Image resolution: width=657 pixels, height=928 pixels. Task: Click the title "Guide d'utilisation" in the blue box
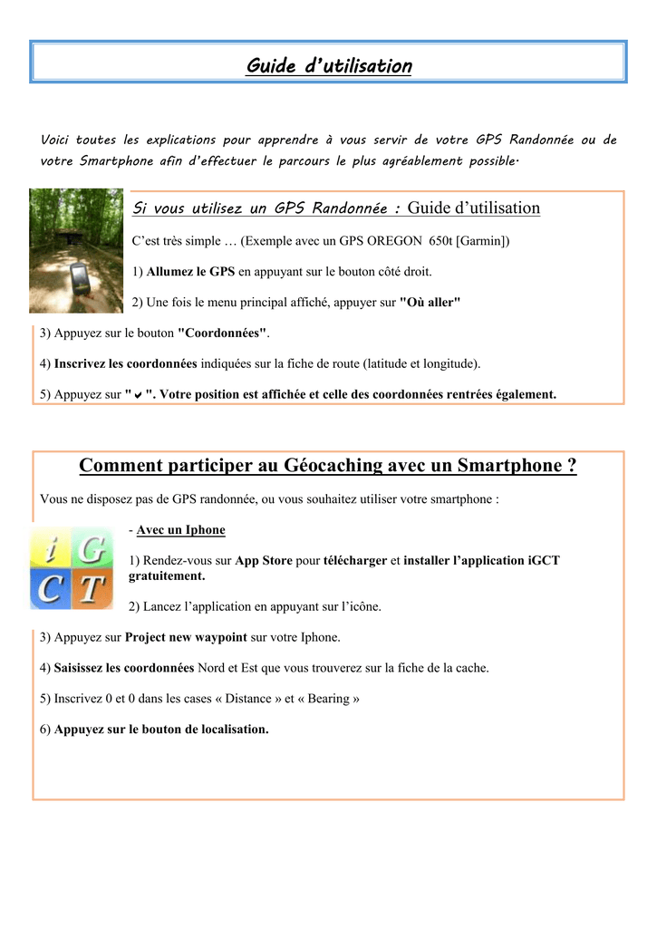pyautogui.click(x=328, y=66)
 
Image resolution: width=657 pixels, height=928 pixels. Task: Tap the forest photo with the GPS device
pyautogui.click(x=76, y=250)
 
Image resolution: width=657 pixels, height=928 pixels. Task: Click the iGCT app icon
pyautogui.click(x=72, y=566)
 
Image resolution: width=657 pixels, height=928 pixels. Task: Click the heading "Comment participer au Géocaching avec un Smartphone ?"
pyautogui.click(x=328, y=466)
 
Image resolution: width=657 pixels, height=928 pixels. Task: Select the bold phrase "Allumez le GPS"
pyautogui.click(x=190, y=271)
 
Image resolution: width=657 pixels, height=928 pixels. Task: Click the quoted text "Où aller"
pyautogui.click(x=430, y=302)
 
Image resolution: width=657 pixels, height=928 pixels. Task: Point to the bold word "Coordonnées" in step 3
pyautogui.click(x=222, y=333)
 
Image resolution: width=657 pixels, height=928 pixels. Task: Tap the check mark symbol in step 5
pyautogui.click(x=137, y=394)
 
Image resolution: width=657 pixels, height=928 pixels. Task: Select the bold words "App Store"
pyautogui.click(x=264, y=560)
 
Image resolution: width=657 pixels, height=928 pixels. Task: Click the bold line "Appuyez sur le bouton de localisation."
pyautogui.click(x=161, y=730)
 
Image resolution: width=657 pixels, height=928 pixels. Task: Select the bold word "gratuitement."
pyautogui.click(x=167, y=575)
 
